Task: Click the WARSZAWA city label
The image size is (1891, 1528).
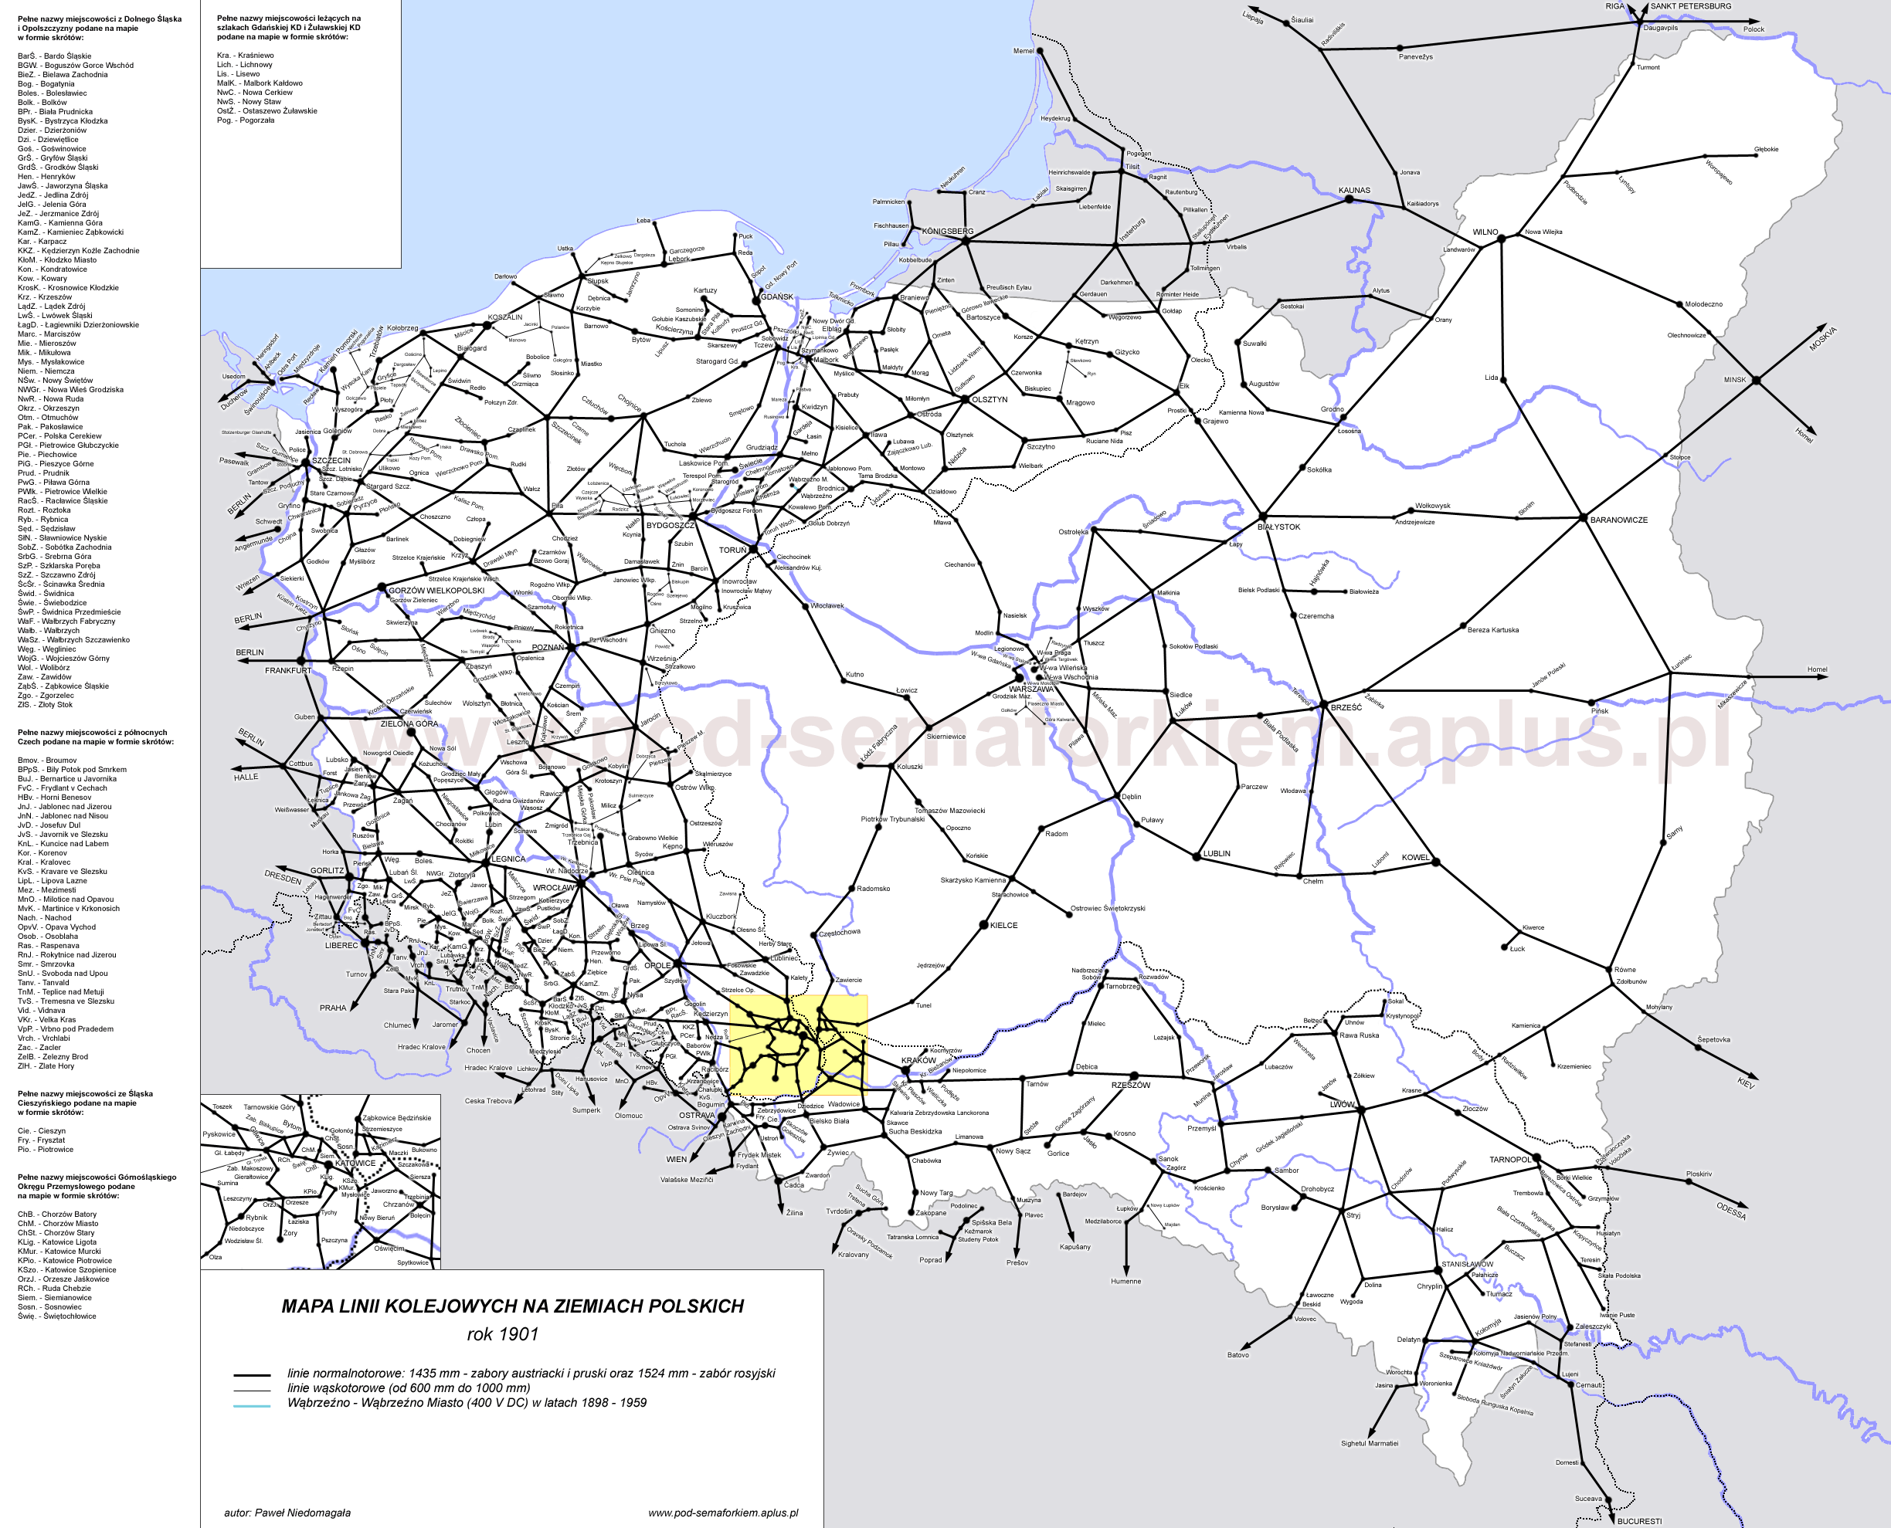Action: tap(1031, 689)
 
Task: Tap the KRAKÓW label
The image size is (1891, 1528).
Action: tap(918, 1061)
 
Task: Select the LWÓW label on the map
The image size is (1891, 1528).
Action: tap(1342, 1104)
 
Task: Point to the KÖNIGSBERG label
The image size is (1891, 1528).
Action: tap(947, 232)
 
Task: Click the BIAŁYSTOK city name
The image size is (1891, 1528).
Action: tap(1278, 527)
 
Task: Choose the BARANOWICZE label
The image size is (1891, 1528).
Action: tap(1618, 520)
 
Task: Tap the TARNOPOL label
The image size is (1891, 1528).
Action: tap(1510, 1159)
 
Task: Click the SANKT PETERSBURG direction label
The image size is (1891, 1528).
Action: tap(1690, 6)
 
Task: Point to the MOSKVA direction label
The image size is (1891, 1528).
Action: tap(1822, 338)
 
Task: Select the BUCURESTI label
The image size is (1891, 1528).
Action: tap(1639, 1521)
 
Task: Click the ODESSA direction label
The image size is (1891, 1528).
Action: tap(1731, 1211)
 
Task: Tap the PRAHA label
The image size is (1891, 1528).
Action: tap(333, 1008)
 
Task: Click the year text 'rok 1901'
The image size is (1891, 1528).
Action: tap(502, 1334)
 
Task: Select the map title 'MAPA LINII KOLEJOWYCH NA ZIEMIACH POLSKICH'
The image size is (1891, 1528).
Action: tap(512, 1306)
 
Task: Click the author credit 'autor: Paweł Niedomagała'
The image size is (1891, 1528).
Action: tap(287, 1513)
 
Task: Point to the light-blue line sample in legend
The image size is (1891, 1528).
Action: tap(252, 1406)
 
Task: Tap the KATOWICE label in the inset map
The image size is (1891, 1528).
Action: tap(355, 1163)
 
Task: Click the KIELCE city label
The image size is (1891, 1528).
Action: tap(1003, 925)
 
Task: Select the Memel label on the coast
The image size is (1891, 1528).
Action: tap(1023, 51)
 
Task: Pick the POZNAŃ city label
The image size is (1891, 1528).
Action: tap(548, 647)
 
